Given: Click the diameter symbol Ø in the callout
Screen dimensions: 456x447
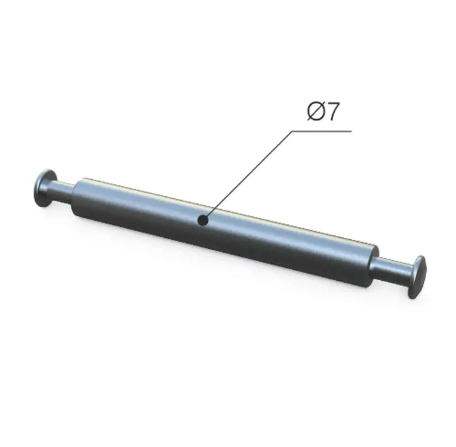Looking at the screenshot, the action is (x=316, y=111).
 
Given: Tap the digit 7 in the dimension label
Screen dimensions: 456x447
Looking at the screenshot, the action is (x=332, y=111).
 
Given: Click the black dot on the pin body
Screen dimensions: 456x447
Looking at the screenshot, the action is (x=203, y=220).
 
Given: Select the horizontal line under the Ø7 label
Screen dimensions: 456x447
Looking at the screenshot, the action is (x=322, y=131).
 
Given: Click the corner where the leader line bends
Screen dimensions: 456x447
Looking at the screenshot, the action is (x=292, y=131).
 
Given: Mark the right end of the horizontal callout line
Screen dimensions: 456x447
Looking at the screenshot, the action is (x=352, y=131).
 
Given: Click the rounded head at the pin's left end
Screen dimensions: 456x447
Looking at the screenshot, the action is (x=44, y=188).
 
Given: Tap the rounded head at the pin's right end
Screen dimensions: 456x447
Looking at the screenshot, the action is (x=416, y=277).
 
